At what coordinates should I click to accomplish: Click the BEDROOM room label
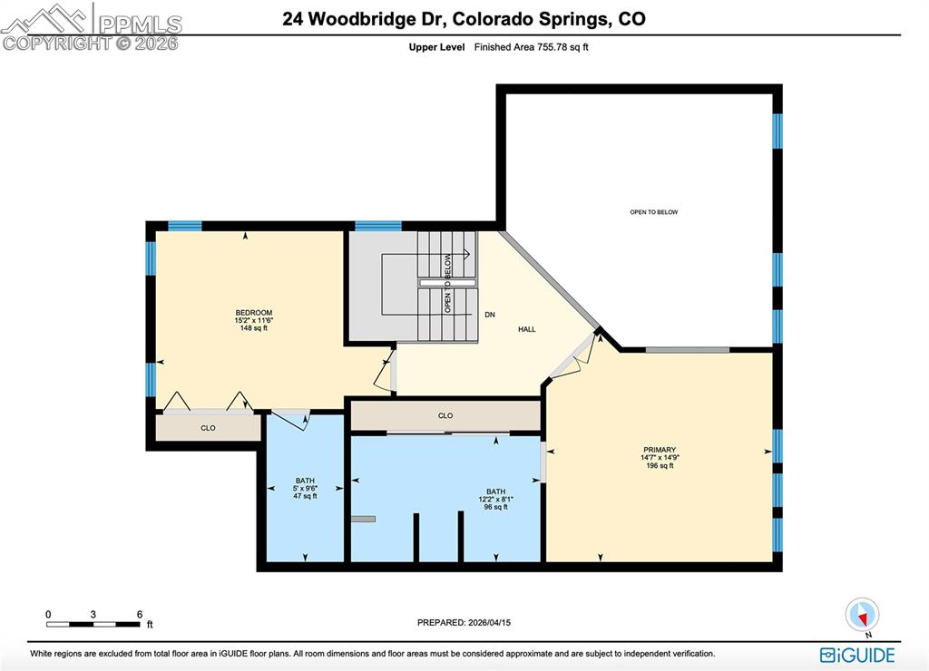[x=253, y=313]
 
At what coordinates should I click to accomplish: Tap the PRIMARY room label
[x=660, y=450]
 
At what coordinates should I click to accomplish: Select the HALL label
[x=526, y=329]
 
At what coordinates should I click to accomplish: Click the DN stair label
[x=489, y=315]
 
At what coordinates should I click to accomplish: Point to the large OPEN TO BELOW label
[x=653, y=212]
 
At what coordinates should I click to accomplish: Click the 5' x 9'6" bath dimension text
[x=305, y=488]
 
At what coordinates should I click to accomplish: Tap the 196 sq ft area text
[x=660, y=466]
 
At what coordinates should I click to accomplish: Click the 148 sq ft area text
[x=253, y=328]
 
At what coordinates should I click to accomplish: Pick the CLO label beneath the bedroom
[x=208, y=428]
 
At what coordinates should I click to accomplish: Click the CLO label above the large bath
[x=445, y=415]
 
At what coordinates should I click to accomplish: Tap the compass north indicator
[x=862, y=616]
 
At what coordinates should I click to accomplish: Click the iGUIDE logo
[x=857, y=655]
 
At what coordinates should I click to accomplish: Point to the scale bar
[x=93, y=624]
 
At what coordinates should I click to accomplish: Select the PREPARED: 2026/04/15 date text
[x=470, y=623]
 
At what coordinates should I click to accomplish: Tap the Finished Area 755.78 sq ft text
[x=532, y=47]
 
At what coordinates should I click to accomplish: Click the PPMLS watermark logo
[x=91, y=25]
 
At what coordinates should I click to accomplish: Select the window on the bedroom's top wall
[x=185, y=226]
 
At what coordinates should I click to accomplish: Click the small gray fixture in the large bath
[x=363, y=519]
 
